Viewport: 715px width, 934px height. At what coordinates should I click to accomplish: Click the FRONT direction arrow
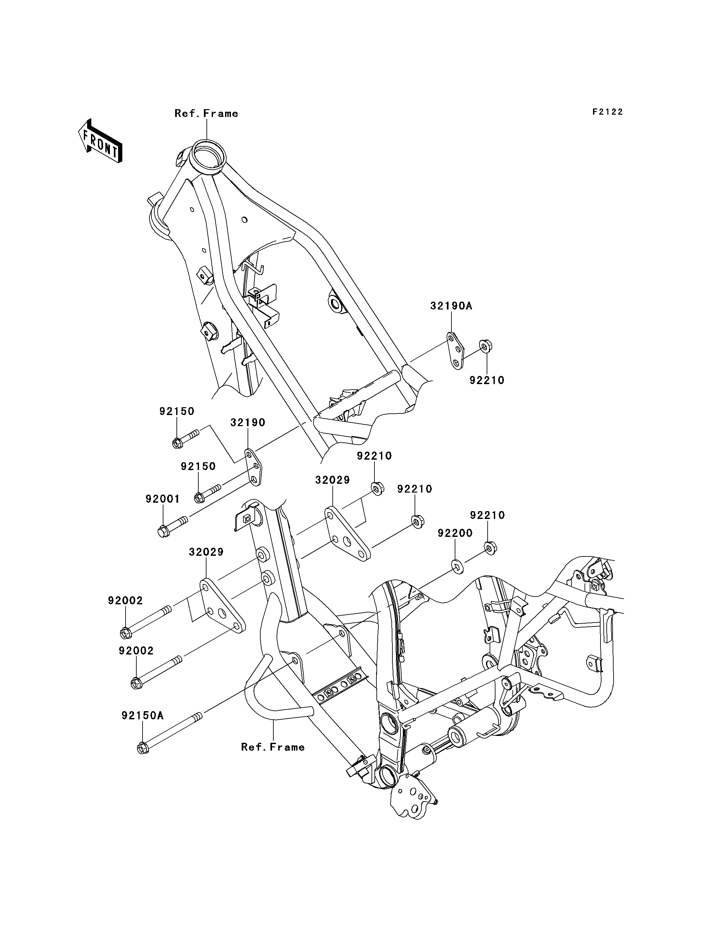[x=100, y=141]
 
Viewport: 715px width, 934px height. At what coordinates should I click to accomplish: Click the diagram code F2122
[x=608, y=112]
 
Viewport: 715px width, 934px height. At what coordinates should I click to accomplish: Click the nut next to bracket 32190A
[x=485, y=347]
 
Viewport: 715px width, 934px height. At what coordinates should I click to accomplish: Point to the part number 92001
[x=162, y=499]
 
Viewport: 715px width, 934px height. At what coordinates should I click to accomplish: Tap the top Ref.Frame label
[x=206, y=113]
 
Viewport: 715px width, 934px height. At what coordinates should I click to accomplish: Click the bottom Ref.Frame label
[x=273, y=747]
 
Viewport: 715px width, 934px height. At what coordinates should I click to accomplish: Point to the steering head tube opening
[x=207, y=153]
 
